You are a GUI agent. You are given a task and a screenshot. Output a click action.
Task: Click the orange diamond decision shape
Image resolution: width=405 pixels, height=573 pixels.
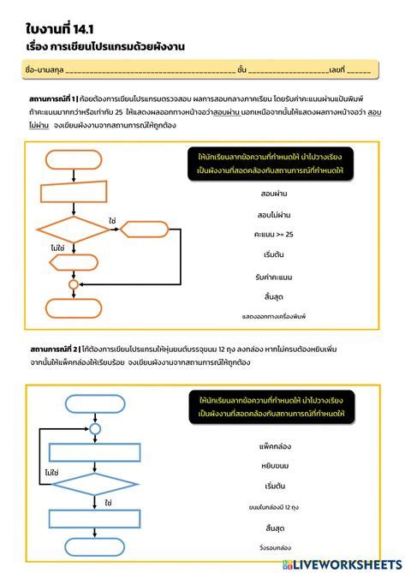point(73,230)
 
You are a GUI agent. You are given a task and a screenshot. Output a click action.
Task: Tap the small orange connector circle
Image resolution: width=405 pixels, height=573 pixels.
point(73,284)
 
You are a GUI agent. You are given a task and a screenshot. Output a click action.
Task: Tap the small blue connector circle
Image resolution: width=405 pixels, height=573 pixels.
point(95,427)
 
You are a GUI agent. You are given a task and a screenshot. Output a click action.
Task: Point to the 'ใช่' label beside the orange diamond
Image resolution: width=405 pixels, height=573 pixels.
point(112,220)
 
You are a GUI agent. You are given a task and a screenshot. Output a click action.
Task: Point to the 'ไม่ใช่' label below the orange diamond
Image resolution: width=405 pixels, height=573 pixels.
point(57,248)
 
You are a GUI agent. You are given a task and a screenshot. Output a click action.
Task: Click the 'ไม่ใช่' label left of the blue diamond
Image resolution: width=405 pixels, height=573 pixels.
point(51,472)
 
